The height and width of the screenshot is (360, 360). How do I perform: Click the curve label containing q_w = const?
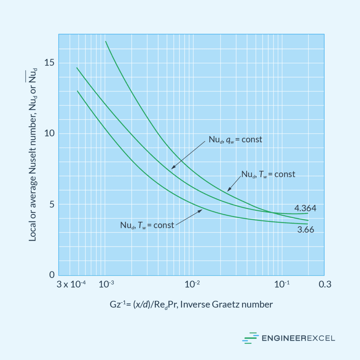[x=234, y=140]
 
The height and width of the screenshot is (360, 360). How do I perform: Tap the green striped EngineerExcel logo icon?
[x=250, y=338]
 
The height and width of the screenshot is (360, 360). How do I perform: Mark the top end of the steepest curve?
[x=105, y=41]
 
